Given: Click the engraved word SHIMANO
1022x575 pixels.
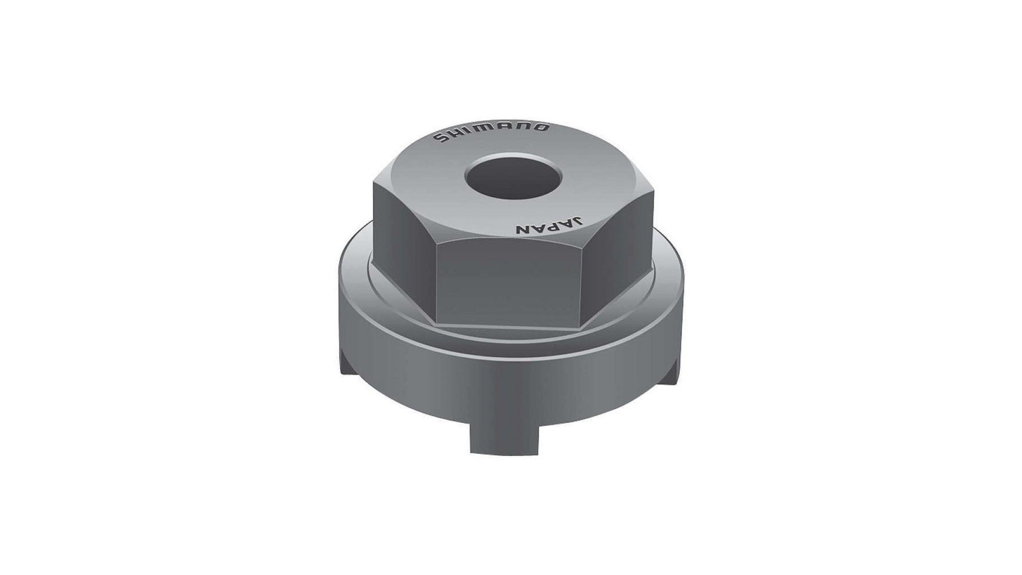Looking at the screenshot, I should point(491,133).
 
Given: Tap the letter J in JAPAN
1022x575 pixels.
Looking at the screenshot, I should point(579,223).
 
